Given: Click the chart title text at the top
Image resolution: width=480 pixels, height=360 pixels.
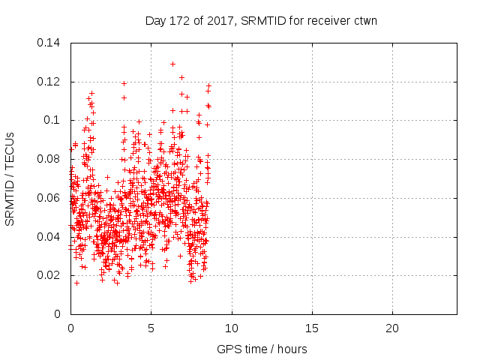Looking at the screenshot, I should coord(261,21).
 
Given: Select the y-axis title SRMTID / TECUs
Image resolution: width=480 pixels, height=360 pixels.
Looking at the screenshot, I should coord(10,178).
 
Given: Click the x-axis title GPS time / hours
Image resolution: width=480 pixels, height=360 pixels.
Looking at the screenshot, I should coord(262,349).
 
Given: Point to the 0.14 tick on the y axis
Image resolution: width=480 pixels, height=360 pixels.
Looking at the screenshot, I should coord(49,43).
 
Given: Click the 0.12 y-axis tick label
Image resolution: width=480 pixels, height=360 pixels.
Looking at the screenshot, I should coord(49,82).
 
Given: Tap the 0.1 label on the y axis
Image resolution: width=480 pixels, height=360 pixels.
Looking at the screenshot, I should coord(52,120).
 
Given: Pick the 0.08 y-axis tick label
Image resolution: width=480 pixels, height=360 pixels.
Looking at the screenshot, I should coord(49,159).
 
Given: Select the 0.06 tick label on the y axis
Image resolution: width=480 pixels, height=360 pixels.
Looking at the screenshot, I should coord(49,198).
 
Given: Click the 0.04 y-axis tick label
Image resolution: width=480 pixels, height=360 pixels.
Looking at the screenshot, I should coord(49,237).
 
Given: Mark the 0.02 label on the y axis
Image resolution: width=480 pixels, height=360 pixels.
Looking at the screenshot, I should coord(49,275).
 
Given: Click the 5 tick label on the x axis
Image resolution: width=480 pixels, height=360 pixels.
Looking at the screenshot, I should coord(151,328).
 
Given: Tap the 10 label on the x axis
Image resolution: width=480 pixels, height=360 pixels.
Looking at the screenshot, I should coord(232,328).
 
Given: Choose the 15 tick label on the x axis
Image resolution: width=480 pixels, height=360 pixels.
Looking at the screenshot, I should coord(312,328).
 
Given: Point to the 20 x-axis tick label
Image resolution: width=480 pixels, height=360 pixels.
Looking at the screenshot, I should coord(392,328).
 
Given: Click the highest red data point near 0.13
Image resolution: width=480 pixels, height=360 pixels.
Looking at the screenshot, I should coord(173,64).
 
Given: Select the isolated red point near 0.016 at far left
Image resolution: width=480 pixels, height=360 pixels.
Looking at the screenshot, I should coord(76,283).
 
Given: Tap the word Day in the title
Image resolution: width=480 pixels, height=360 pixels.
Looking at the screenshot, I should coord(154,21).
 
